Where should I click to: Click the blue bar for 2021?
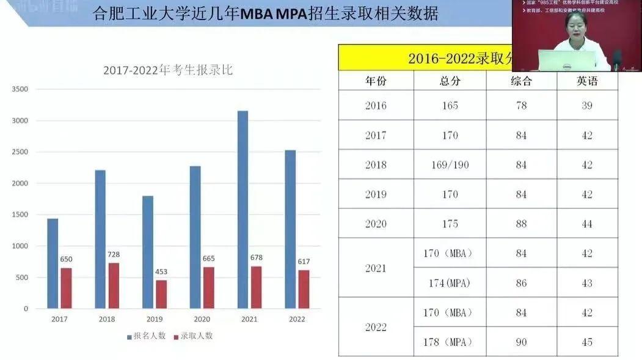(243, 210)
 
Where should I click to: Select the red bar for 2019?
(161, 294)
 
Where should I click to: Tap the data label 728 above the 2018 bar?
(113, 254)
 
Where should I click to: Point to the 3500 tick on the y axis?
(20, 89)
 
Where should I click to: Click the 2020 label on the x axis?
(202, 319)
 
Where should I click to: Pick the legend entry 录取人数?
(194, 336)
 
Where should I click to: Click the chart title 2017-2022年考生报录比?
(167, 70)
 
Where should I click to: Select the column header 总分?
(450, 81)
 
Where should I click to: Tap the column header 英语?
(587, 81)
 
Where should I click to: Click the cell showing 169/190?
(450, 164)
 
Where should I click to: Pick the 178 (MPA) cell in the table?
(448, 342)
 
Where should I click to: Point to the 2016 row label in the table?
(376, 105)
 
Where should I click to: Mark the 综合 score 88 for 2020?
(521, 224)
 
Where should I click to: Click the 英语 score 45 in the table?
(587, 342)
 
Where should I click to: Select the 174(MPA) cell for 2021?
(448, 284)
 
